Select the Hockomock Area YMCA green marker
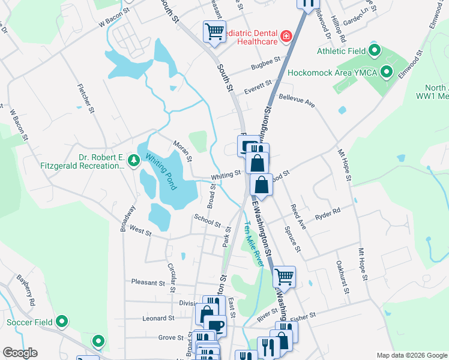point(387,73)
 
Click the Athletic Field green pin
point(375,50)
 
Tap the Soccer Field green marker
point(61,322)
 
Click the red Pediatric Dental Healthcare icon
point(286,36)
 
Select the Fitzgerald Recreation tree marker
point(133,160)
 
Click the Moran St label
point(182,151)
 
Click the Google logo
point(20,353)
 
